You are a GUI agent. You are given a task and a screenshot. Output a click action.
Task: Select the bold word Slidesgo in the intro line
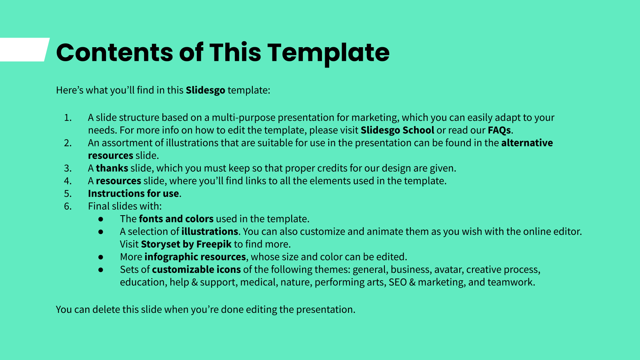pyautogui.click(x=206, y=90)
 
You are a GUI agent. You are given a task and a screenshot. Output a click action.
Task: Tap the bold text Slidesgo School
pyautogui.click(x=398, y=130)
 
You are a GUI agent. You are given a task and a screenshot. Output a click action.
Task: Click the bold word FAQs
pyautogui.click(x=499, y=130)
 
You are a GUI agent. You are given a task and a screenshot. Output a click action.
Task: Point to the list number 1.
pyautogui.click(x=68, y=118)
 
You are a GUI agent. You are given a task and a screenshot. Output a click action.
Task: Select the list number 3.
pyautogui.click(x=68, y=168)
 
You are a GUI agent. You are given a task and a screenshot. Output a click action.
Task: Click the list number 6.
pyautogui.click(x=68, y=206)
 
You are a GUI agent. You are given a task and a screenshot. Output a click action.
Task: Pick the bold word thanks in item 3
pyautogui.click(x=112, y=168)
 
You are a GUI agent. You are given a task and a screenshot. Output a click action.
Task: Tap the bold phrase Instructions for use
pyautogui.click(x=134, y=194)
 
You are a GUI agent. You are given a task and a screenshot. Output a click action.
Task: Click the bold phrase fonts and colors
pyautogui.click(x=176, y=219)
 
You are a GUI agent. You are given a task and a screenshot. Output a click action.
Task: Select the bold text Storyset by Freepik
pyautogui.click(x=186, y=244)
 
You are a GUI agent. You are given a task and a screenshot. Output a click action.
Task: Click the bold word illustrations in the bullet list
pyautogui.click(x=210, y=232)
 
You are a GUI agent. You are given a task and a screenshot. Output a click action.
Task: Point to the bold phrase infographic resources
pyautogui.click(x=195, y=257)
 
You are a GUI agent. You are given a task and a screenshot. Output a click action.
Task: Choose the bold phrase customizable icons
pyautogui.click(x=196, y=270)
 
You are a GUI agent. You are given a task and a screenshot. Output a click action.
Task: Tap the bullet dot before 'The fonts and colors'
pyautogui.click(x=100, y=219)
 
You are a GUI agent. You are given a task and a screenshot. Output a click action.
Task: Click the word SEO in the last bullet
pyautogui.click(x=398, y=282)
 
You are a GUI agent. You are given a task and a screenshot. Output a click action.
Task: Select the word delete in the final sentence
pyautogui.click(x=106, y=310)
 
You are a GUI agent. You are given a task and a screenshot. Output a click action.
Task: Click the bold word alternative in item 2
pyautogui.click(x=527, y=143)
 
